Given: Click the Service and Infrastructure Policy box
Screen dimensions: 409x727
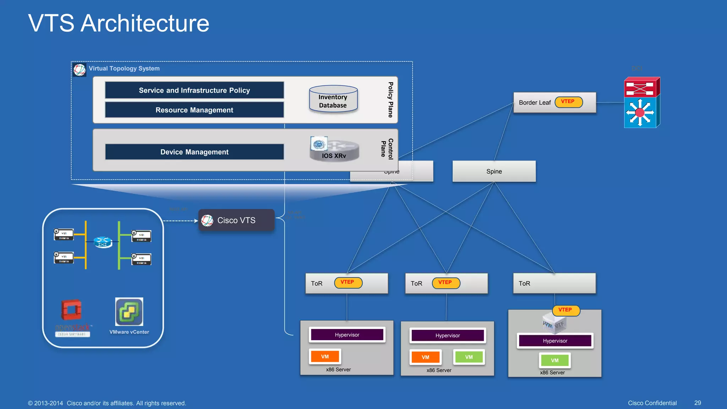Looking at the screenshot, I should pyautogui.click(x=194, y=90).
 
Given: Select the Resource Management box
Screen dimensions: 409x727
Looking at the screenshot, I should pyautogui.click(x=194, y=110).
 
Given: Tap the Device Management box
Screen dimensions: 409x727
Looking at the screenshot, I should pyautogui.click(x=194, y=152).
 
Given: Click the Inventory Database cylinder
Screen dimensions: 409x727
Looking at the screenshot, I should pyautogui.click(x=333, y=100).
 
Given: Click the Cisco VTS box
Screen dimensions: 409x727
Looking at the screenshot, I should pyautogui.click(x=236, y=220).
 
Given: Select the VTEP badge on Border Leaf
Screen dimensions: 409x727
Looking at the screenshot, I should pyautogui.click(x=568, y=102).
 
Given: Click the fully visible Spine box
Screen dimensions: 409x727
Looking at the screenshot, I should pyautogui.click(x=494, y=171).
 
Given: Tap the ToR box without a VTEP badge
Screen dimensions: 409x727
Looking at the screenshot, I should pyautogui.click(x=554, y=283).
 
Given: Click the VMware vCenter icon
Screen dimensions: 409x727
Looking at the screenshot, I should pyautogui.click(x=129, y=312).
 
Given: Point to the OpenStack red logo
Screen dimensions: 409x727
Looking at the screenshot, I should pyautogui.click(x=71, y=310).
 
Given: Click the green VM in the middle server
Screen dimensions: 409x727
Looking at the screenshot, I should pyautogui.click(x=469, y=357).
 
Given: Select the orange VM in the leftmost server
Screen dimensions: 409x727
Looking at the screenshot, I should pyautogui.click(x=325, y=356).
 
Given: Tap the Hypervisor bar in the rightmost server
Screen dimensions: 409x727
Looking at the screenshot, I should pyautogui.click(x=555, y=341).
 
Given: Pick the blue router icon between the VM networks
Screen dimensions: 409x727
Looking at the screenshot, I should pyautogui.click(x=103, y=242).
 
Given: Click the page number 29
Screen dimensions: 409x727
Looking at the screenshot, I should pyautogui.click(x=697, y=403).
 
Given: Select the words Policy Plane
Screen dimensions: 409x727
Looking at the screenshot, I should pyautogui.click(x=390, y=100).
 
